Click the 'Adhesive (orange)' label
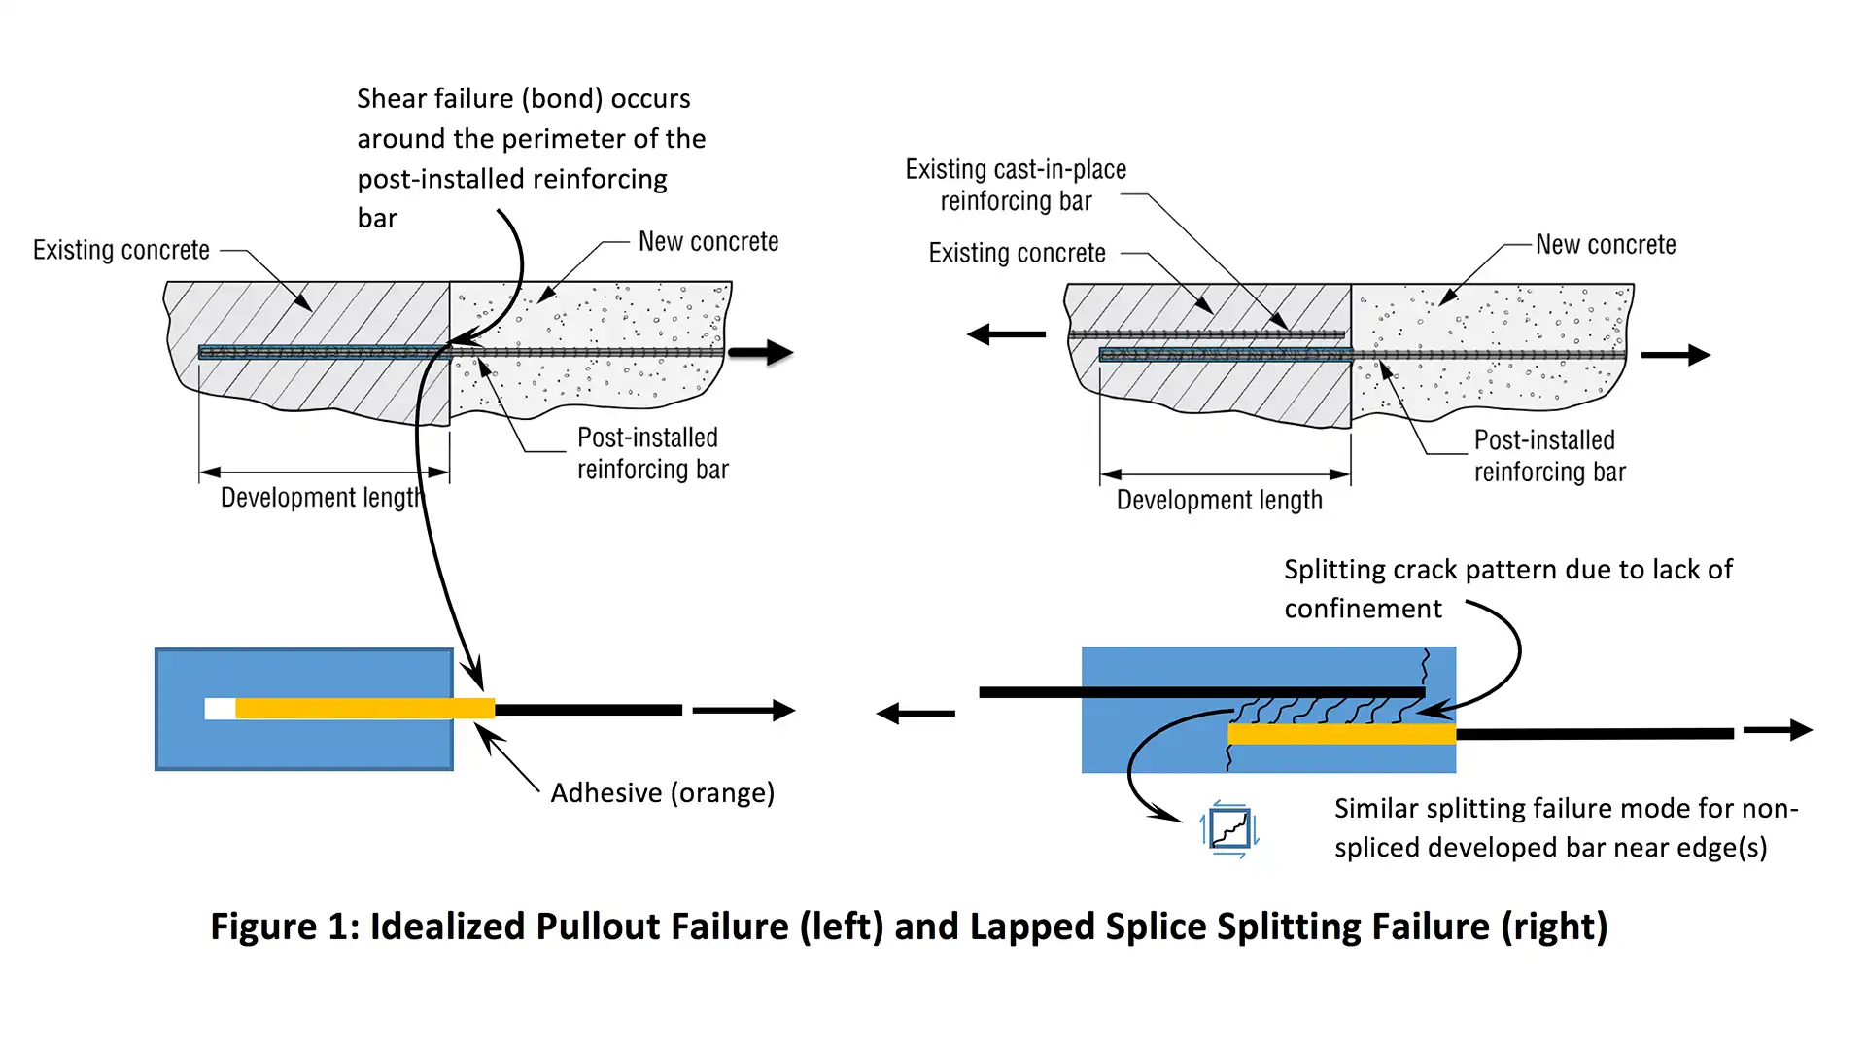click(x=663, y=793)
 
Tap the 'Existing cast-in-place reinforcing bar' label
click(x=1016, y=185)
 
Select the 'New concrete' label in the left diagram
click(x=708, y=241)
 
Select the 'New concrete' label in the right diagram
click(x=1606, y=244)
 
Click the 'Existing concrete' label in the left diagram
click(x=121, y=250)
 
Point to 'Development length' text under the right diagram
click(x=1219, y=500)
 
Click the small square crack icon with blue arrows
click(x=1229, y=829)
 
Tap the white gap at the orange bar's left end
click(x=220, y=709)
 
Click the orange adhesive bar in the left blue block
click(x=365, y=709)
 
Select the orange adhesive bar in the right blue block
click(x=1342, y=734)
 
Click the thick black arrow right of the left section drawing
click(x=761, y=352)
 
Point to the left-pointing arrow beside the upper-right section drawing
click(x=1006, y=334)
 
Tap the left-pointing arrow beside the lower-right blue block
click(x=916, y=714)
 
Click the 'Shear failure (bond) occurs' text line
click(x=524, y=98)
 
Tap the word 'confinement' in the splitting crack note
click(x=1363, y=609)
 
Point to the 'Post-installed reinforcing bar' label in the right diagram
click(x=1549, y=456)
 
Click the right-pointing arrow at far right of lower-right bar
click(x=1779, y=729)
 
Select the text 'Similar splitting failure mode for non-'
click(x=1566, y=808)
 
